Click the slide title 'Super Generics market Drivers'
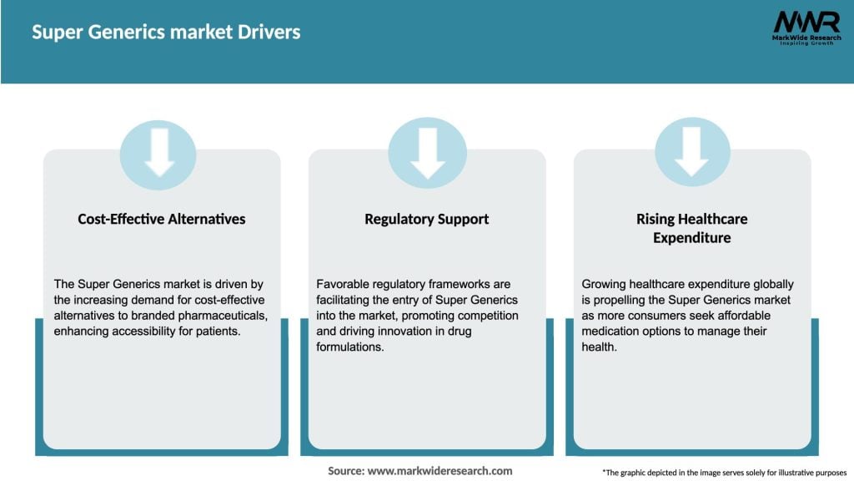(166, 33)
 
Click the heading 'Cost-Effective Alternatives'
(162, 219)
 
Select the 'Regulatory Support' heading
(426, 219)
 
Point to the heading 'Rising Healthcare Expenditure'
(691, 228)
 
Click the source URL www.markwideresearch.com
(440, 471)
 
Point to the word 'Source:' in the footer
(346, 471)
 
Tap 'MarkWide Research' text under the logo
(806, 38)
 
